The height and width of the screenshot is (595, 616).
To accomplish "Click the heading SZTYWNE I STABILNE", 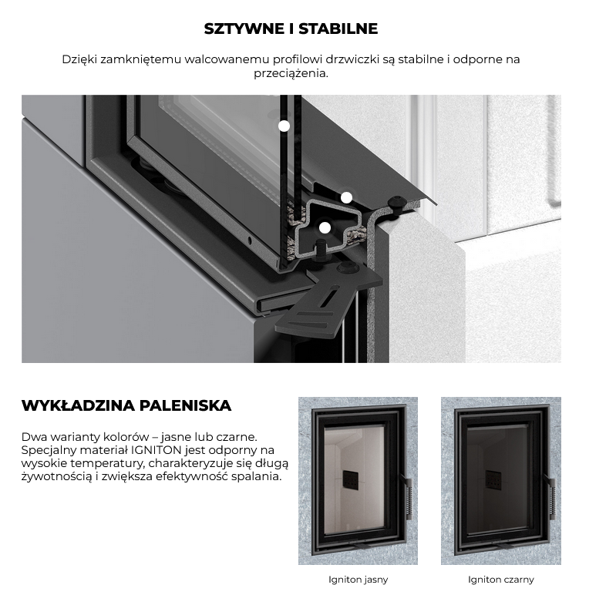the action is click(291, 29).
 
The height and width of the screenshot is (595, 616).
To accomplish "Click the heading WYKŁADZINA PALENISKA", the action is click(126, 405).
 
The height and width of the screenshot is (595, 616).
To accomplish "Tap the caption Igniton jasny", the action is click(358, 580).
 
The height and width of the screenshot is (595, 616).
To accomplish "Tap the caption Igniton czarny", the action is click(501, 580).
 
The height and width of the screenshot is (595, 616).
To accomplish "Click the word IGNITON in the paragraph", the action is click(156, 450).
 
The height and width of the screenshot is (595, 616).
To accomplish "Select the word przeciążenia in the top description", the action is click(290, 73).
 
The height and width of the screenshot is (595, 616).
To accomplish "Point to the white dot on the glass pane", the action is click(284, 126).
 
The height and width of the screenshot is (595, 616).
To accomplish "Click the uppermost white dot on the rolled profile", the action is click(346, 197).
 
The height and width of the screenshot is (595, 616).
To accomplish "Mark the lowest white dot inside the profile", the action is click(325, 227).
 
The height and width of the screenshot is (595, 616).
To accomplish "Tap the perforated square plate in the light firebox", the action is click(351, 480).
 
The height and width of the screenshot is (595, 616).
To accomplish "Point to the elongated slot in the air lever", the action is click(328, 297).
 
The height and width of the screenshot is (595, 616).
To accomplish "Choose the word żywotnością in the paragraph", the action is click(56, 477).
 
